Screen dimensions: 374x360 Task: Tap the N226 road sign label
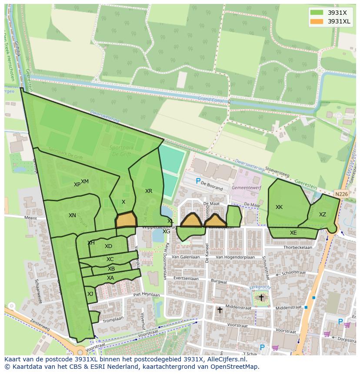(x=341, y=194)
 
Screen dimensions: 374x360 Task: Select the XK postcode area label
(x=279, y=207)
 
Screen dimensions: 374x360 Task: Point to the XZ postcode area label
(x=322, y=215)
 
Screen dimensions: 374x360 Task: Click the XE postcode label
(x=293, y=233)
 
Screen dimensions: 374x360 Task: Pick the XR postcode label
(x=149, y=191)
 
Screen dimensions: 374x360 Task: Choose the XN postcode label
(x=72, y=215)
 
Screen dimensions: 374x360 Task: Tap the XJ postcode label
(x=90, y=294)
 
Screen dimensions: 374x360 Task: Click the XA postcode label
(x=110, y=278)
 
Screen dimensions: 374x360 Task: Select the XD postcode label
(x=108, y=246)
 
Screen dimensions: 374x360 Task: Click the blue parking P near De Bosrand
(x=198, y=182)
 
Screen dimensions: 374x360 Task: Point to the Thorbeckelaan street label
(x=297, y=248)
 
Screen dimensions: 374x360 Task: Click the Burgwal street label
(x=219, y=281)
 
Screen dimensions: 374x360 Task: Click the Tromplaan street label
(x=113, y=318)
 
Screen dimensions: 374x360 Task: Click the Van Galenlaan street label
(x=185, y=257)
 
